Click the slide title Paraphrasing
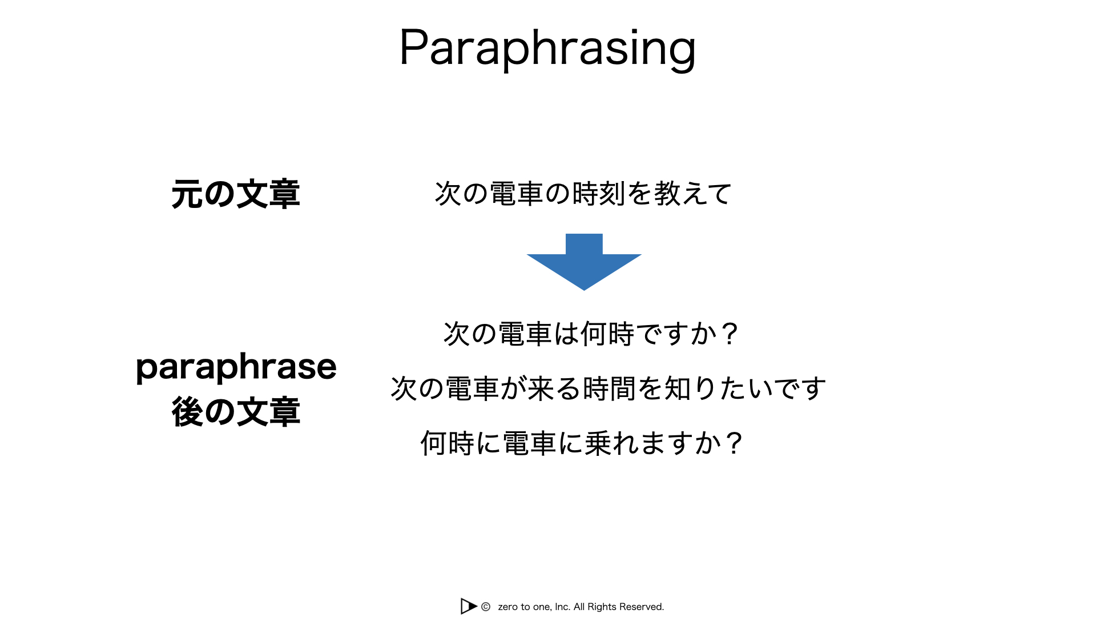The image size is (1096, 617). pos(547,49)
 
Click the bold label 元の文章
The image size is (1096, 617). pos(236,194)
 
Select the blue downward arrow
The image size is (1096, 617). pos(584,262)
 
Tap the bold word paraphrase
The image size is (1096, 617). pos(236,367)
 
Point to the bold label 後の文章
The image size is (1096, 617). pos(236,412)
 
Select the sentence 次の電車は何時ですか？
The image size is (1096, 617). pos(591,334)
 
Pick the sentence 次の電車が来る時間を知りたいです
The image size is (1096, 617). pos(609,388)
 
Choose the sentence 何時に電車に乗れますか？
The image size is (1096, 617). pos(582,443)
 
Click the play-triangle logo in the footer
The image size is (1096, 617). pos(468,606)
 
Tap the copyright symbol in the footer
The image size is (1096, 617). pos(486,607)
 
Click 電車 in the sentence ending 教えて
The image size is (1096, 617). pos(517,194)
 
